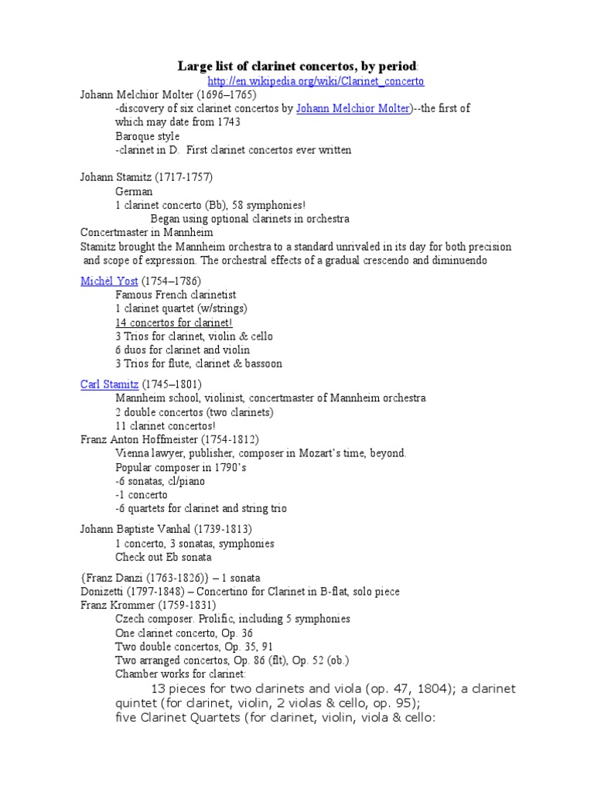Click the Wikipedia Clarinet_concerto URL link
pyautogui.click(x=316, y=81)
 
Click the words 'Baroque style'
pyautogui.click(x=147, y=136)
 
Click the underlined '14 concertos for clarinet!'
pyautogui.click(x=173, y=323)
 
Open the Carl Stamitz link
pyautogui.click(x=109, y=384)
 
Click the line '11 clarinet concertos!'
pyautogui.click(x=166, y=425)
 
